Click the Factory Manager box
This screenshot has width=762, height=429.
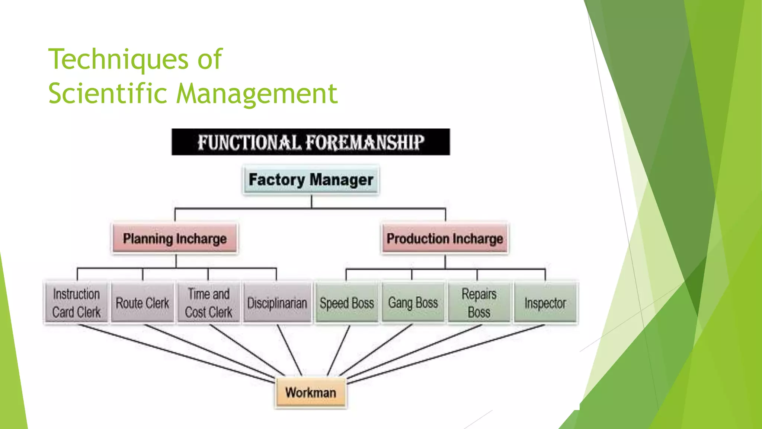coord(311,180)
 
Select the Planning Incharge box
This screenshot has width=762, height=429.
coord(175,238)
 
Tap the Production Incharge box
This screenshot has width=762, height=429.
coord(445,238)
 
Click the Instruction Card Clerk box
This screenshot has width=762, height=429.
coord(76,303)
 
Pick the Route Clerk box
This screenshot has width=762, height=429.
coord(143,303)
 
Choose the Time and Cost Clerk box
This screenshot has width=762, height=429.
coord(208,303)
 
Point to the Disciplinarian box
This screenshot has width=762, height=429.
coord(277,303)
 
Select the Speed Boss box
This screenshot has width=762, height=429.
coord(347,303)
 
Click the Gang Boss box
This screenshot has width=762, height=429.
coord(413,302)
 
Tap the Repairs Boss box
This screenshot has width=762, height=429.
coord(479,303)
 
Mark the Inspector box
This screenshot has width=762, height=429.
coord(545,303)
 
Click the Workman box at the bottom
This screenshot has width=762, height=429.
coord(311,393)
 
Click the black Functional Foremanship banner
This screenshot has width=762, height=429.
coord(311,142)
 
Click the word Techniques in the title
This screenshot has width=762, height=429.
coord(118,60)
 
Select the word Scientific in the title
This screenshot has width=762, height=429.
coord(108,93)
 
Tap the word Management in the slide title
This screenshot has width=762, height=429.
coord(257,93)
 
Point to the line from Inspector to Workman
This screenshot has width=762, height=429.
coord(446,354)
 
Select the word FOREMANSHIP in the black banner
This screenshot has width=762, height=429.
coord(365,142)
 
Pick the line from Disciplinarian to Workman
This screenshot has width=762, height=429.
coord(289,350)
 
